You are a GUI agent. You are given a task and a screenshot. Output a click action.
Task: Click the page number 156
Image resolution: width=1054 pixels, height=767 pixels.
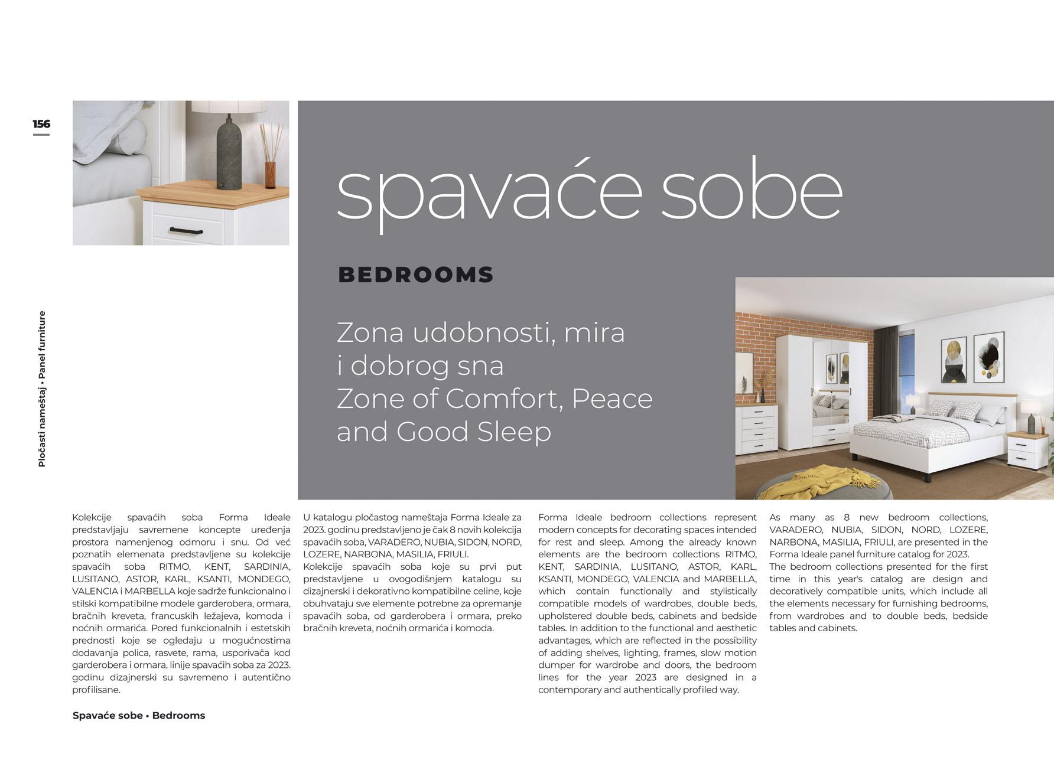(41, 124)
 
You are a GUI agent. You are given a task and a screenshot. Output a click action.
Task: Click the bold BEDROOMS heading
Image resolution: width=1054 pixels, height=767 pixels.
(415, 275)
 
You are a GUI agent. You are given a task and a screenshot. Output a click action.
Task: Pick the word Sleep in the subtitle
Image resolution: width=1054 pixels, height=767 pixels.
(514, 432)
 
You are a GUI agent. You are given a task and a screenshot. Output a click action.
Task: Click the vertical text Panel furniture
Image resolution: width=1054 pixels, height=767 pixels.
(41, 345)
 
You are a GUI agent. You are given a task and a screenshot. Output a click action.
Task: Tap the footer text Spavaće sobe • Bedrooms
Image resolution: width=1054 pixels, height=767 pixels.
(139, 716)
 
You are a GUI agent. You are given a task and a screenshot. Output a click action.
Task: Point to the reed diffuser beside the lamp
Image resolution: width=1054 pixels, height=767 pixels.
(270, 162)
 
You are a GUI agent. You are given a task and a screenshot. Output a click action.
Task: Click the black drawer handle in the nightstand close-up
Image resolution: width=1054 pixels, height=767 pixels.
(186, 230)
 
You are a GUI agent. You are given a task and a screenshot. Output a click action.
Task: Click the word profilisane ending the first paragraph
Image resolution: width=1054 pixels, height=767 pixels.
(96, 690)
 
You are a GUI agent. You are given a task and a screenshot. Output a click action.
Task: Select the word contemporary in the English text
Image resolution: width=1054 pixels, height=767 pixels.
(570, 690)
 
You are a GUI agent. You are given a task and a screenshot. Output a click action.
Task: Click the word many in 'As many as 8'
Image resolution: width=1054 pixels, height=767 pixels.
(802, 517)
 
